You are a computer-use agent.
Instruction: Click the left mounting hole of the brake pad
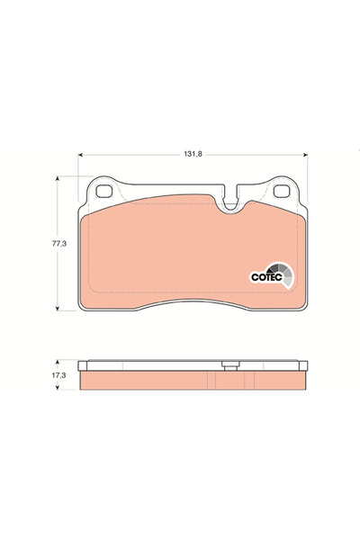point(103,192)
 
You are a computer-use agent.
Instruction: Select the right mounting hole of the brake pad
point(283,192)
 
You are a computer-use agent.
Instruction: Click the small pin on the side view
point(231,365)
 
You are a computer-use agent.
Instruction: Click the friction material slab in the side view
point(193,382)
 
